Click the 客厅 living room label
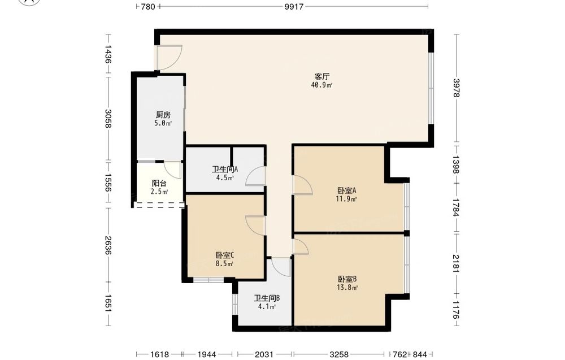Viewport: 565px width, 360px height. [x=322, y=77]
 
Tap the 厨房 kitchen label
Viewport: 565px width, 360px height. [x=163, y=115]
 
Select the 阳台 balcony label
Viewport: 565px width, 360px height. [x=159, y=183]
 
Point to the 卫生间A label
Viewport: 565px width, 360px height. [x=225, y=169]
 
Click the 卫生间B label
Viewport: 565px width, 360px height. [x=267, y=298]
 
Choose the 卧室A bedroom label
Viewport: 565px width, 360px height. [x=347, y=190]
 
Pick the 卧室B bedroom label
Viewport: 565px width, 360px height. [x=347, y=279]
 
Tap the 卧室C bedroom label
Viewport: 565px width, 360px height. [x=225, y=255]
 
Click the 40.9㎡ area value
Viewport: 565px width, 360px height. [x=322, y=85]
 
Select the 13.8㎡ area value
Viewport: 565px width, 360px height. [x=347, y=288]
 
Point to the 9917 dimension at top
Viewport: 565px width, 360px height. [x=294, y=6]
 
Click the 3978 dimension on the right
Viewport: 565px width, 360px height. [x=456, y=88]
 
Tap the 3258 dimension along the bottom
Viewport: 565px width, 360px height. [x=339, y=354]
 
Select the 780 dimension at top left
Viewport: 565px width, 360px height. [x=148, y=6]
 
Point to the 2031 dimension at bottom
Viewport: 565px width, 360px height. [x=264, y=354]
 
